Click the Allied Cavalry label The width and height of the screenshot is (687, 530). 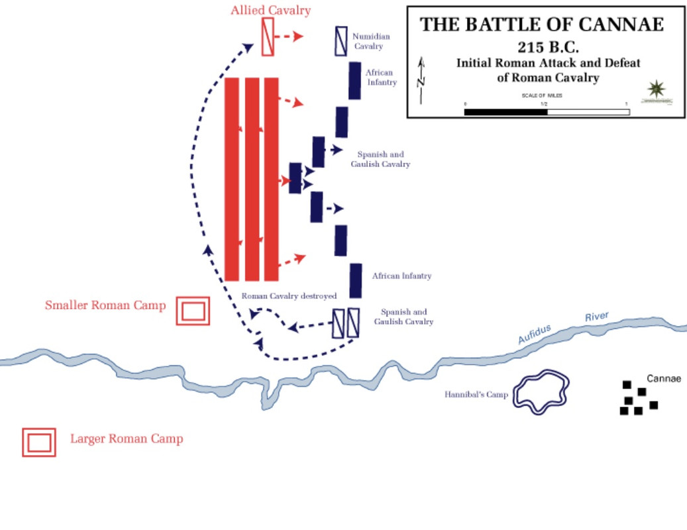pos(270,11)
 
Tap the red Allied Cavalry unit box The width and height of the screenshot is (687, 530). pos(268,36)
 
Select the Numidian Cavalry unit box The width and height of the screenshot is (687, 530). pos(341,41)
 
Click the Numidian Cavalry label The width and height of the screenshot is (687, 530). pos(371,41)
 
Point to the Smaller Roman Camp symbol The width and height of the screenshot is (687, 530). pos(193,311)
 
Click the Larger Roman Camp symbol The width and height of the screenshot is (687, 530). pos(39,443)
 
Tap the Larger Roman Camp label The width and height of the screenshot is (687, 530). pos(127,439)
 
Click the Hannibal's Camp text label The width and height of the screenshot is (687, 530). pos(476,395)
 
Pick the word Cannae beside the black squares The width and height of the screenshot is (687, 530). pos(664,379)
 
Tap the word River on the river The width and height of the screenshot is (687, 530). pos(596,317)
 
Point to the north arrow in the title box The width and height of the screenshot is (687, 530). pos(421,79)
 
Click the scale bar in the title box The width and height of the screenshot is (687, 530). pos(547,112)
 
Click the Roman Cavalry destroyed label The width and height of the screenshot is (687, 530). pos(289,296)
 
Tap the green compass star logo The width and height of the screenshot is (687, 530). pos(656,89)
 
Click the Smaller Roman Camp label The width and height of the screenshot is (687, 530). pos(105,305)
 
